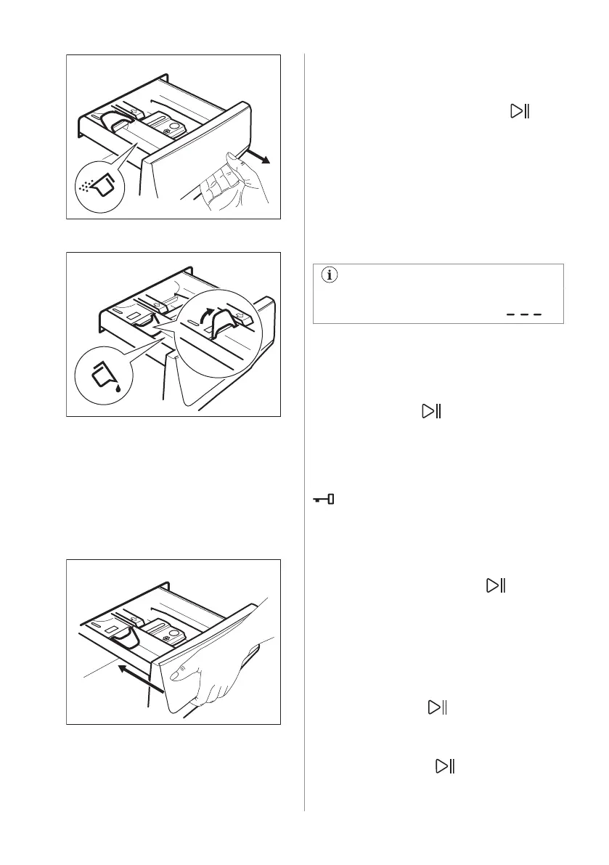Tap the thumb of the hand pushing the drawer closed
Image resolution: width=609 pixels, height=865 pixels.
(x=175, y=676)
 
